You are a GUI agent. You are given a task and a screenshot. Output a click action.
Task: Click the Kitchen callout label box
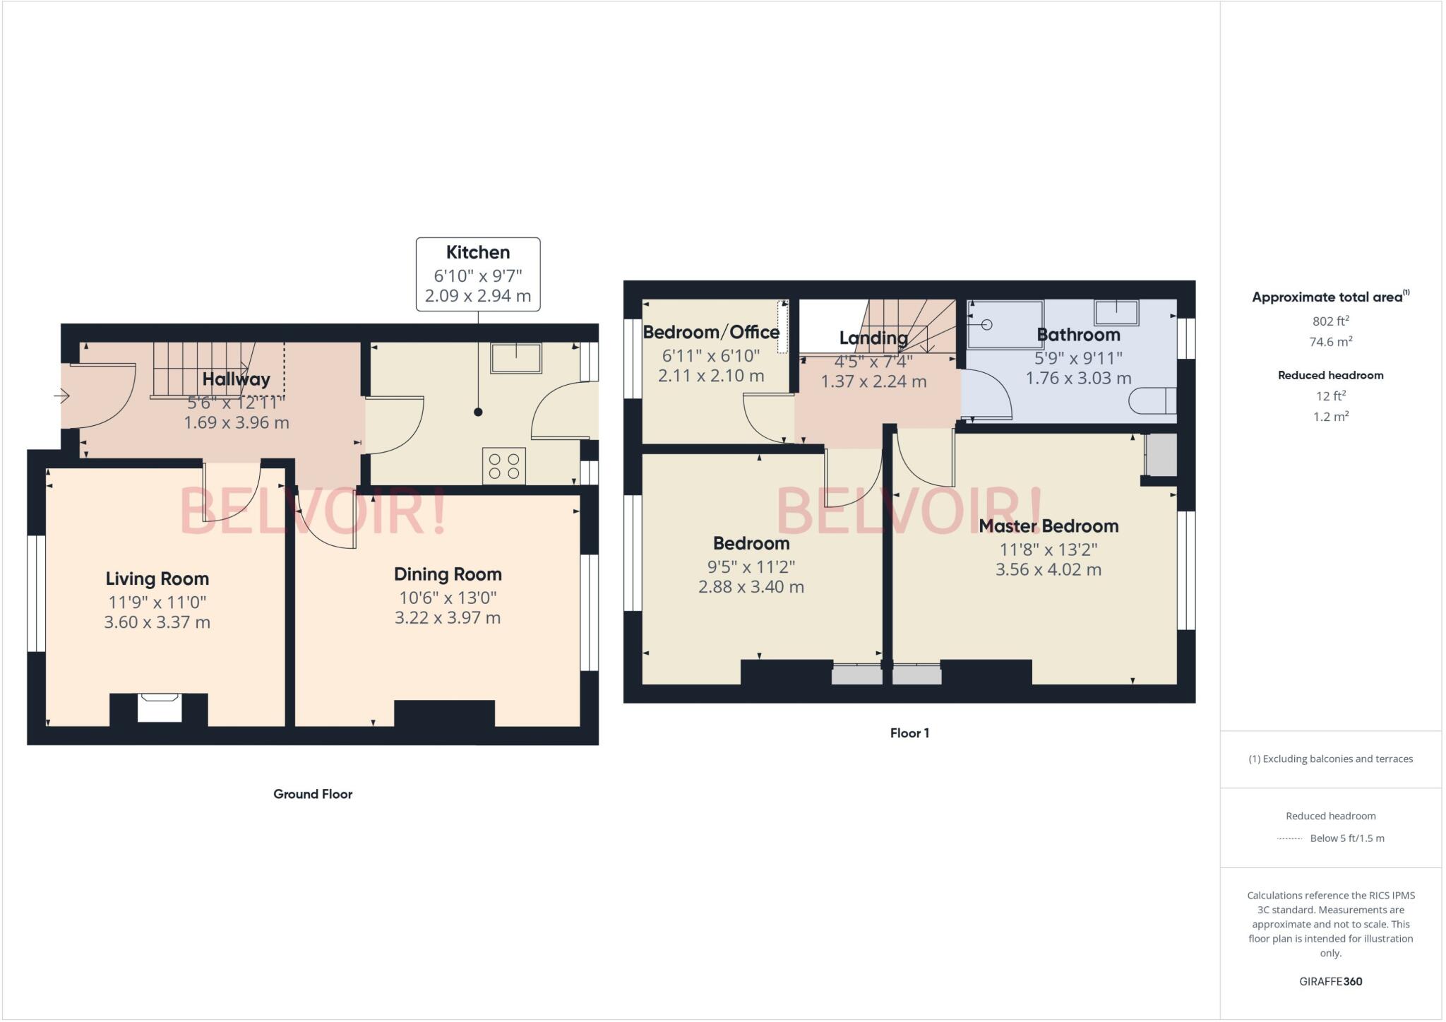pos(478,274)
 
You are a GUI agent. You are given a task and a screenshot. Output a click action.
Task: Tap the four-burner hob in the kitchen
pos(504,466)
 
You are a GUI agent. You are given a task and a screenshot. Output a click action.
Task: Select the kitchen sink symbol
pos(516,358)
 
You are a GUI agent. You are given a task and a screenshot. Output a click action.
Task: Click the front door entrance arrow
pos(62,396)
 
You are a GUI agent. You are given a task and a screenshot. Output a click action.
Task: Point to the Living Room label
pos(157,578)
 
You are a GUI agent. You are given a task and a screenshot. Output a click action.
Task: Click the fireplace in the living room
pos(159,707)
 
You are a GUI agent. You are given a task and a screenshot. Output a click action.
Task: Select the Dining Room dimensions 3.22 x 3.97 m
pos(448,618)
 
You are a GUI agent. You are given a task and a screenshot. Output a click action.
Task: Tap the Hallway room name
pos(236,379)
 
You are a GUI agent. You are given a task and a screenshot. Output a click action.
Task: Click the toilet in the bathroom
pos(1152,400)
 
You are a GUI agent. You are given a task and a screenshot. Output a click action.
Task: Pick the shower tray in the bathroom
pos(1005,324)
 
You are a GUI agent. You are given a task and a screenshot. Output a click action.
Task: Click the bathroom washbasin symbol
pos(1116,312)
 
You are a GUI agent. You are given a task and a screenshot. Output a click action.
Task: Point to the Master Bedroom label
pos(1048,526)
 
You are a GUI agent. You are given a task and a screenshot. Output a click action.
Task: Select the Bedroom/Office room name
pos(711,332)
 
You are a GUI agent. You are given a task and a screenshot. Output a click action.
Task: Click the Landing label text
pos(873,338)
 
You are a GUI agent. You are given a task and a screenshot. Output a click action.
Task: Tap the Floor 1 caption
pos(909,733)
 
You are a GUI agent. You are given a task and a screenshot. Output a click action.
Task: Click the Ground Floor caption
pos(313,794)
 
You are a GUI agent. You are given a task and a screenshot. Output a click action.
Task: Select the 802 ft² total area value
pos(1330,321)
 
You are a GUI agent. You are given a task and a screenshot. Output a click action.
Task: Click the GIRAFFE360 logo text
pos(1330,981)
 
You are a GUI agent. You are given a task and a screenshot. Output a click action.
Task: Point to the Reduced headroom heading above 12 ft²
pos(1330,375)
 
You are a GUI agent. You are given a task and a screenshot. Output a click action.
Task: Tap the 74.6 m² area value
pos(1330,342)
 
